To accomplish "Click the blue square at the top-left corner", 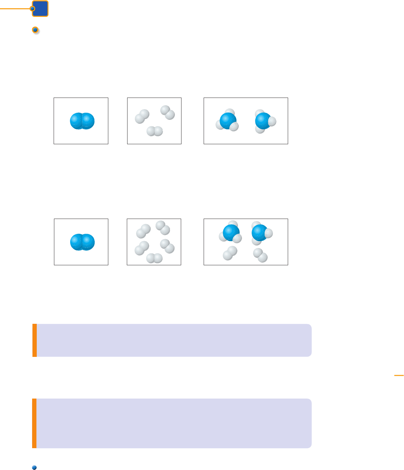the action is pos(40,9).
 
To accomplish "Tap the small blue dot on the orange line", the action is pos(32,9).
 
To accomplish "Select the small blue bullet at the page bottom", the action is pos(34,467).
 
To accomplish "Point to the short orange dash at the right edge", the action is pos(399,375).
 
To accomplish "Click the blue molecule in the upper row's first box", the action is pos(82,121).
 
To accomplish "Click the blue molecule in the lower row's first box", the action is pos(82,242).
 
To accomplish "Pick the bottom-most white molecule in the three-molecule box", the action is pos(155,131).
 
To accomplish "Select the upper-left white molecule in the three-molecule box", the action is pos(142,116).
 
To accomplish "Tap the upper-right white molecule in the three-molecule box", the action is pos(168,112).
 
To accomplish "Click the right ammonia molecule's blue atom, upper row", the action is pos(264,120).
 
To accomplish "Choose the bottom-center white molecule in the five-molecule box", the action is pos(154,258).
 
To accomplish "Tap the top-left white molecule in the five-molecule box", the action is pos(143,231).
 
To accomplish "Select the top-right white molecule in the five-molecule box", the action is pos(163,228).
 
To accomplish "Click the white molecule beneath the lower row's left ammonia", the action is pos(230,253).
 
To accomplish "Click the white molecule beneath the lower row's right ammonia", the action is pos(260,255).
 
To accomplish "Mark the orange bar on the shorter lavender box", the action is pos(34,340).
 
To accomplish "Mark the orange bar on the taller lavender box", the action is pos(34,423).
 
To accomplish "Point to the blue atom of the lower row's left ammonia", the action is pos(231,233).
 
